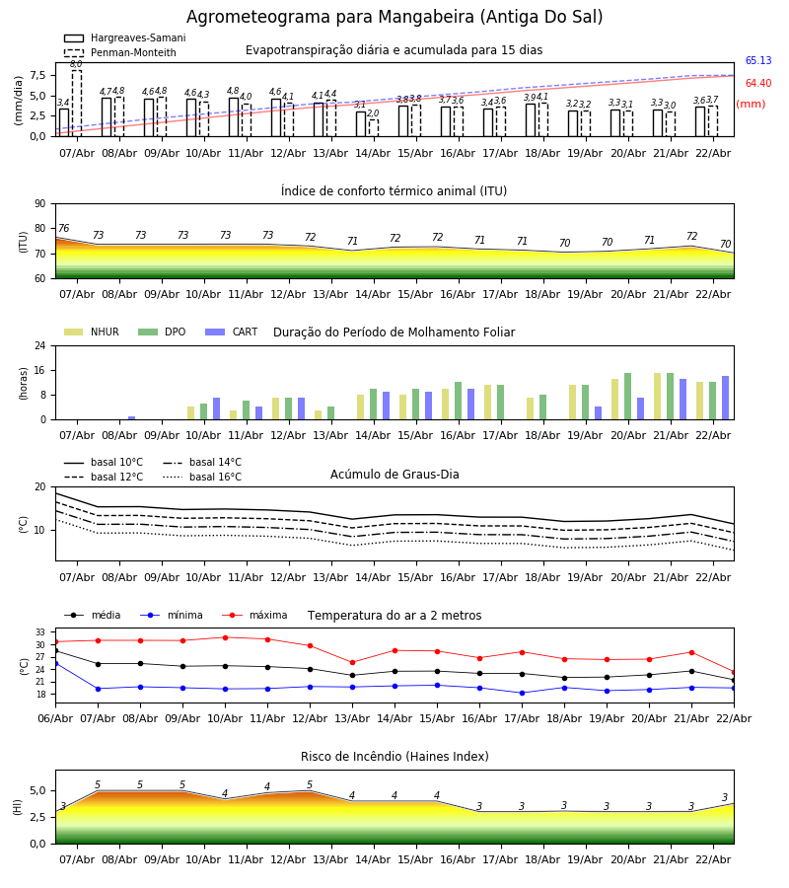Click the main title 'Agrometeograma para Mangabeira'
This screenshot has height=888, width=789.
pos(394,18)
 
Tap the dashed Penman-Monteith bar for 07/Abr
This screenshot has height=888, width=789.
pos(77,103)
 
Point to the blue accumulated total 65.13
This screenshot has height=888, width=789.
pos(757,61)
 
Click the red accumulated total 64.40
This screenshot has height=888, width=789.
pos(757,84)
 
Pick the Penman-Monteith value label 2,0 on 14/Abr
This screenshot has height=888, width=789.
pos(373,113)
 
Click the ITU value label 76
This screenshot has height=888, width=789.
pos(63,229)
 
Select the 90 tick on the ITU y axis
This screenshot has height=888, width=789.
pos(39,204)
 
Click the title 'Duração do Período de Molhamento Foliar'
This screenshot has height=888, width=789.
pos(394,333)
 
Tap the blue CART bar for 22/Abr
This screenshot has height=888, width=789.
pos(725,398)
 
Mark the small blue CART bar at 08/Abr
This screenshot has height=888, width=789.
pos(131,417)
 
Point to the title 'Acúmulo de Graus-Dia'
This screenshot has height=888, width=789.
pos(394,475)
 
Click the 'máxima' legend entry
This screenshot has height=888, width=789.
pos(267,616)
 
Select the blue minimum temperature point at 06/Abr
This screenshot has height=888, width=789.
pos(55,663)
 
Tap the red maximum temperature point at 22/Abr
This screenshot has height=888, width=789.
pos(734,672)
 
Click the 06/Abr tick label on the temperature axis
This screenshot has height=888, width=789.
pos(55,717)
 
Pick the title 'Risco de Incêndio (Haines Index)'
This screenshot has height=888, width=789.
pos(394,757)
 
